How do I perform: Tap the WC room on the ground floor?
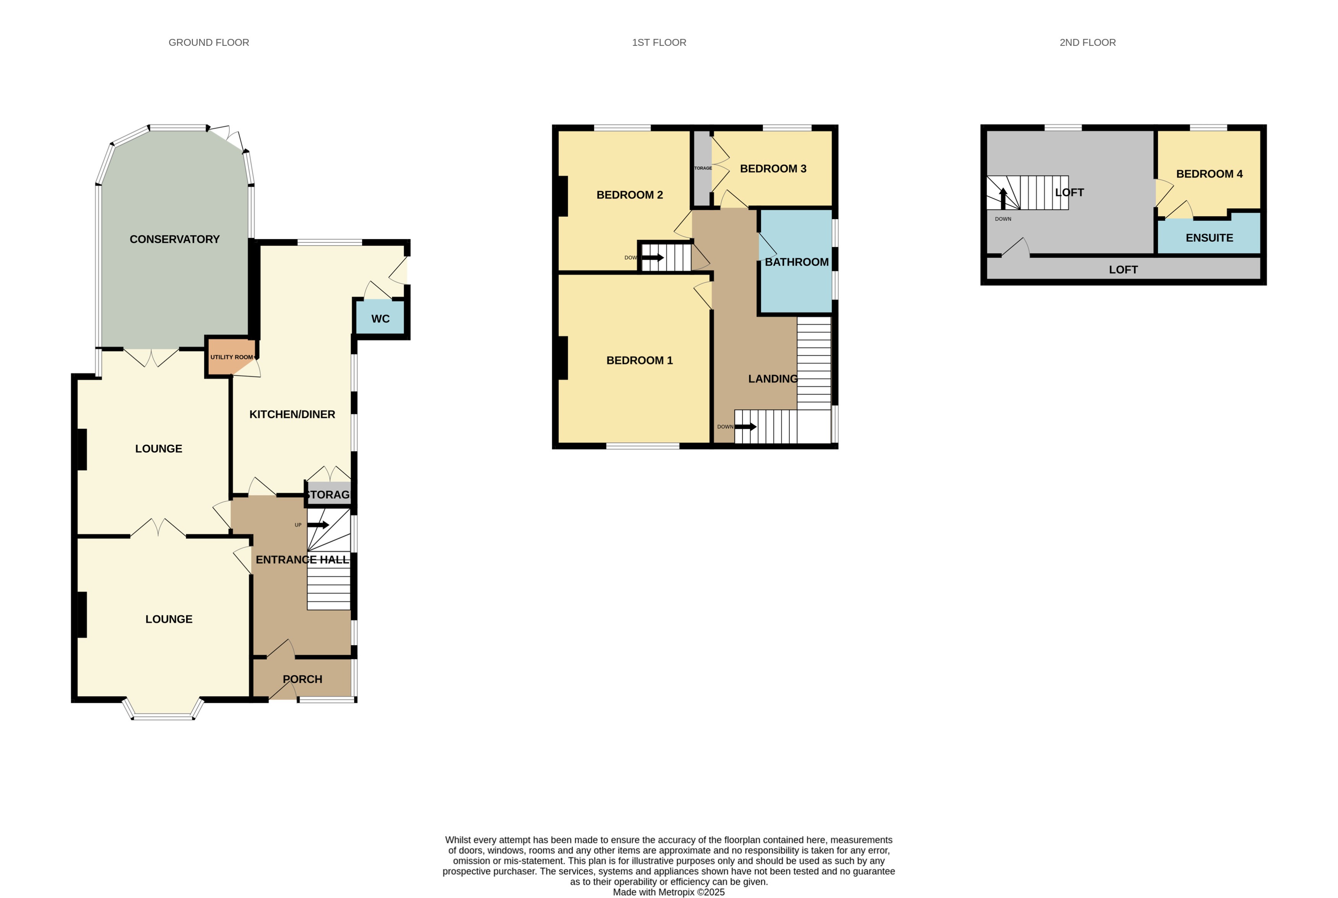coord(380,319)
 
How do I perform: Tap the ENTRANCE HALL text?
coord(302,560)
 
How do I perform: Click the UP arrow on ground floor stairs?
coord(318,525)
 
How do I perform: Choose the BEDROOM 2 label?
coord(630,195)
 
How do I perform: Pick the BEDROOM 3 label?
coord(773,168)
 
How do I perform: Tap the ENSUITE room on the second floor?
coord(1209,238)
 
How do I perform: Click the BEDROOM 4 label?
coord(1209,174)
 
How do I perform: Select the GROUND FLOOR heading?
coord(209,42)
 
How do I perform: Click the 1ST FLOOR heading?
coord(659,42)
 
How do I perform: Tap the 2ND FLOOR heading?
coord(1087,42)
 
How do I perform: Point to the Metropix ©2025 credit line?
coord(669,892)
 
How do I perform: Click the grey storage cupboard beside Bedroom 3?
coord(702,168)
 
